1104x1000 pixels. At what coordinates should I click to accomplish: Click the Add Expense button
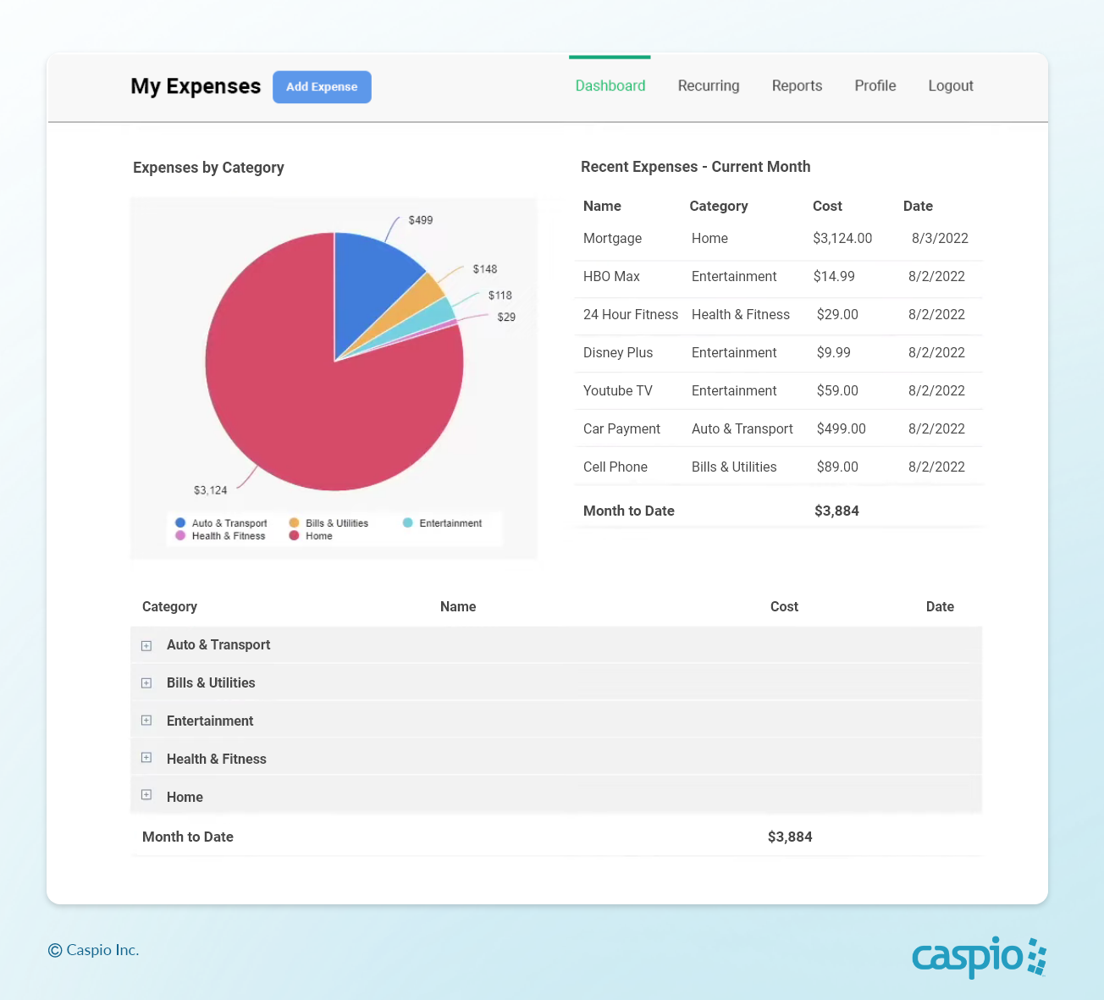coord(322,87)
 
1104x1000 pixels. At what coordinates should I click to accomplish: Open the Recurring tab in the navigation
coord(709,86)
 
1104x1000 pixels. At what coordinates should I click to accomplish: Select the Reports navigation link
coord(797,86)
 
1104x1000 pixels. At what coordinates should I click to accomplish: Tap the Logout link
coord(950,86)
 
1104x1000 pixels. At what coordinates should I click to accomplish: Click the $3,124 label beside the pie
coord(211,490)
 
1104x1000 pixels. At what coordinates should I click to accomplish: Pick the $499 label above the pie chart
coord(420,220)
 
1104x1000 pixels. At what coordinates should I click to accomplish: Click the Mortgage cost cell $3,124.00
coord(842,239)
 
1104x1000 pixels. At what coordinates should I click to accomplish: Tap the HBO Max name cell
coord(611,277)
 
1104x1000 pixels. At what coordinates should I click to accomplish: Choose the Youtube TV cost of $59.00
coord(837,391)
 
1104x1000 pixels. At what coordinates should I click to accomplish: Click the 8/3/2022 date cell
coord(940,239)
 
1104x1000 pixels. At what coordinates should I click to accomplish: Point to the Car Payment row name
coord(621,429)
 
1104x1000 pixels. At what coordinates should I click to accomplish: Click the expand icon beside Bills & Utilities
coord(146,683)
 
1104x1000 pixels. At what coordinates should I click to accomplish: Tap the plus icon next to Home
coord(146,795)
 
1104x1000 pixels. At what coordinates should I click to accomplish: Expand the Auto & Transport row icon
coord(146,646)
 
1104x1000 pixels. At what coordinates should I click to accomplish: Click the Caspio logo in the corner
coord(979,957)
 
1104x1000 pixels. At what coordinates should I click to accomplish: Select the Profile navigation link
coord(875,86)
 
